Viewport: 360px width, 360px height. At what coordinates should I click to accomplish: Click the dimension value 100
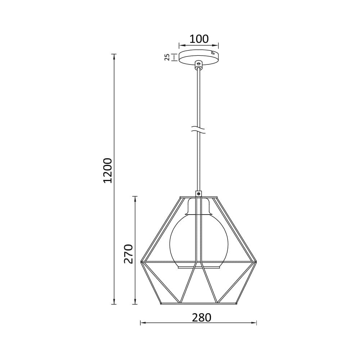[199, 39]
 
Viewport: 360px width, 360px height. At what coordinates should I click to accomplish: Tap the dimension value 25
[167, 57]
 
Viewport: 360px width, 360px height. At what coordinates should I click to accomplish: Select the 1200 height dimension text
[108, 170]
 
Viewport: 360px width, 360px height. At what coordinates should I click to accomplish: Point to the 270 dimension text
[129, 253]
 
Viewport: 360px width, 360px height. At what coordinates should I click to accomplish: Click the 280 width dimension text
[201, 318]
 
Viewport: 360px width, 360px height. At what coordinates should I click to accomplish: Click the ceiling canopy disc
[199, 57]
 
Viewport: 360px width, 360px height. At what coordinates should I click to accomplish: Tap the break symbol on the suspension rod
[198, 130]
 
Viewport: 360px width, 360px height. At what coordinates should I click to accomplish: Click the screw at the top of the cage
[199, 194]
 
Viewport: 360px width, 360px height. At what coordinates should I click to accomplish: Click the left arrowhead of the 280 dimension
[142, 323]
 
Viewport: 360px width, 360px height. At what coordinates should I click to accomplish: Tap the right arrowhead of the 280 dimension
[255, 323]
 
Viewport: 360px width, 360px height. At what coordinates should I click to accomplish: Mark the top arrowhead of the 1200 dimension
[114, 56]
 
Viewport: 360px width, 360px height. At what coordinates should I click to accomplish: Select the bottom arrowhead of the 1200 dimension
[114, 302]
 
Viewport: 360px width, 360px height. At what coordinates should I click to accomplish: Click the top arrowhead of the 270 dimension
[135, 198]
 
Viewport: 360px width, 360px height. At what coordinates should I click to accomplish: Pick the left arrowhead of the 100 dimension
[181, 45]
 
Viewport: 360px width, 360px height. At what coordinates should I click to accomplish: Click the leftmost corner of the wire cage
[141, 262]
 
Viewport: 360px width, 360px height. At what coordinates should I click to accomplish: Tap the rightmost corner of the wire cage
[256, 262]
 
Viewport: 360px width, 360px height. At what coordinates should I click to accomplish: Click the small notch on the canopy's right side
[213, 53]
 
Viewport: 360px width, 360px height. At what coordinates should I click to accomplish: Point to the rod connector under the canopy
[198, 65]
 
